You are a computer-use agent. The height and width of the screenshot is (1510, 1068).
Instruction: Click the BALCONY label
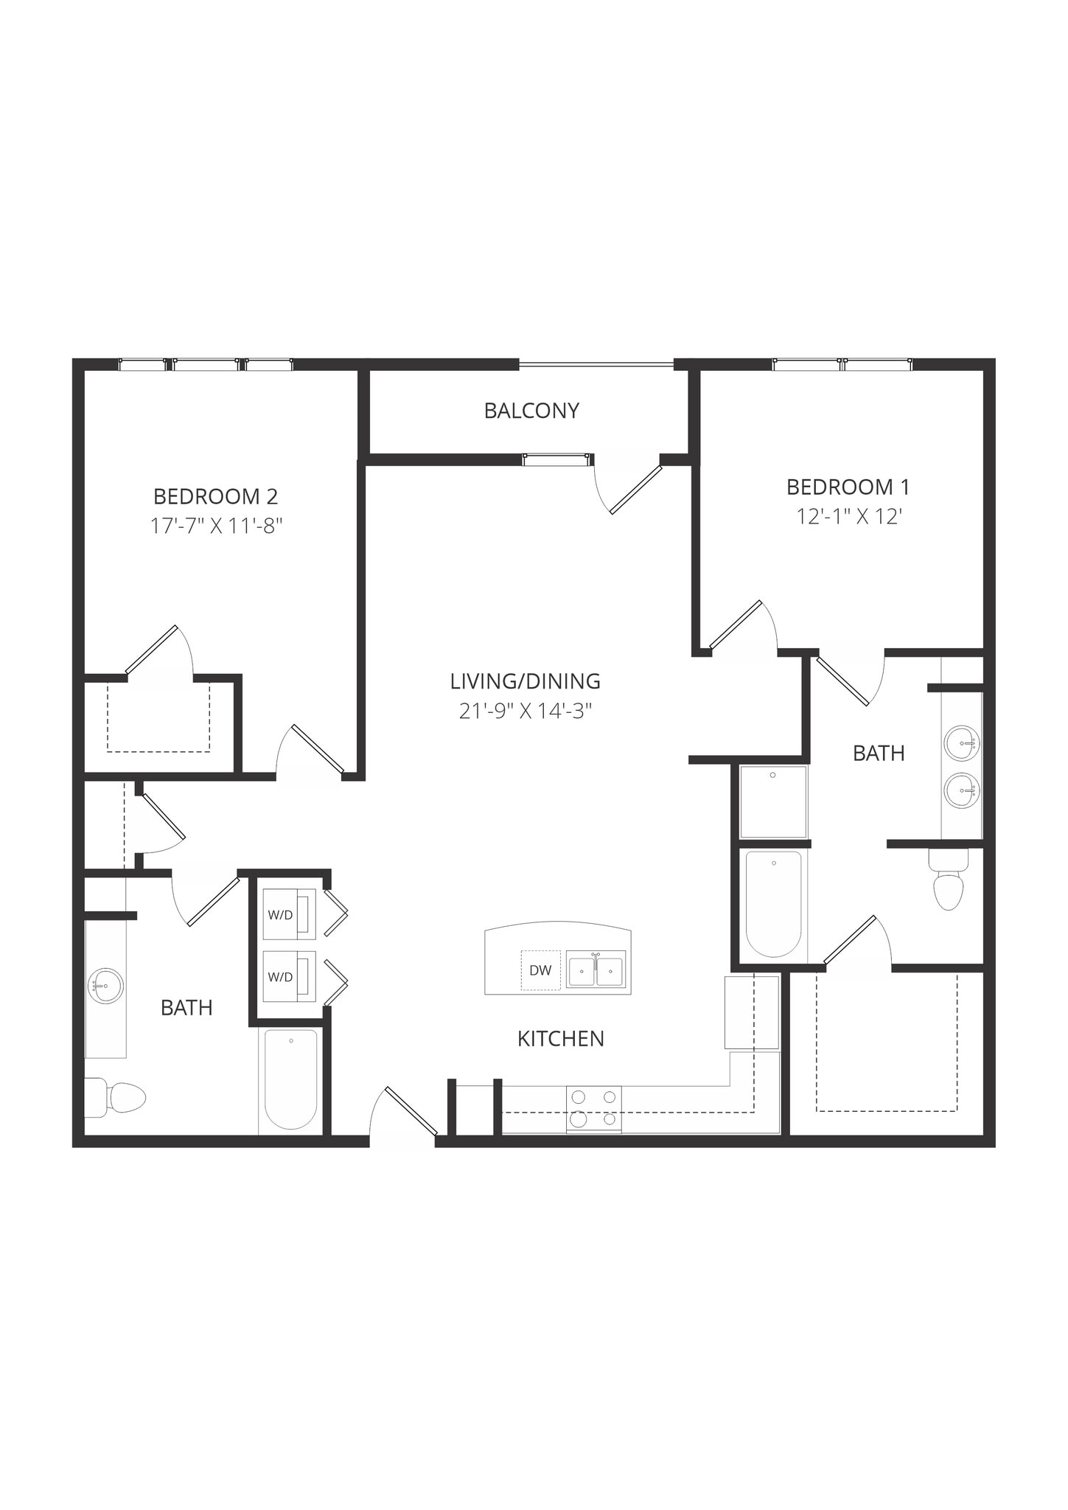point(531,411)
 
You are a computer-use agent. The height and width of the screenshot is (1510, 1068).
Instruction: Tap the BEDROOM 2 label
point(215,496)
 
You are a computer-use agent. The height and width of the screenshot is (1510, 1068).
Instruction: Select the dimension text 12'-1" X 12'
point(849,516)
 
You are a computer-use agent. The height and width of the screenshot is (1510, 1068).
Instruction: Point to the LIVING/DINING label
point(525,681)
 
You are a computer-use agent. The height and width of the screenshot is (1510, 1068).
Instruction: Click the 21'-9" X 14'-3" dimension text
point(526,711)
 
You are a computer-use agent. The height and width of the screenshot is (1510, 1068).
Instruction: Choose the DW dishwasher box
point(540,970)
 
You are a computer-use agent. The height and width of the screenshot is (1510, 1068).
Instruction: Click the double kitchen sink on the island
point(596,969)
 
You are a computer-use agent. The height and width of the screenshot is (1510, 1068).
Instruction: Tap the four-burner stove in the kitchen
point(594,1108)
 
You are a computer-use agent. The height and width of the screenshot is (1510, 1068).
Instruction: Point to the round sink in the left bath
point(105,985)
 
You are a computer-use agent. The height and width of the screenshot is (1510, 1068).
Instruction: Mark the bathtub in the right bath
point(773,904)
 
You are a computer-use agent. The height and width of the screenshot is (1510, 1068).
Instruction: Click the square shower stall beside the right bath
point(773,801)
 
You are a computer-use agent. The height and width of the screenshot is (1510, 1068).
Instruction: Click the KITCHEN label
point(560,1039)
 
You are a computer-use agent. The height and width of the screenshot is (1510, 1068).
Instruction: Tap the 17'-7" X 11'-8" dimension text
point(217,526)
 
